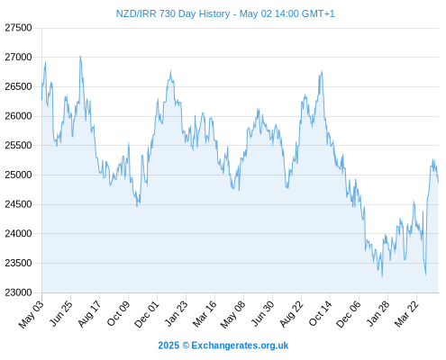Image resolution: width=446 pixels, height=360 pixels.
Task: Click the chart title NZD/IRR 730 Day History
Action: click(x=173, y=13)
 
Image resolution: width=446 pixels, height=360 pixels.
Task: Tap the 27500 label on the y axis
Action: click(x=18, y=28)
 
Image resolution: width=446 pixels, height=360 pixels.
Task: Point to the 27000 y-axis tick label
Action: click(x=18, y=57)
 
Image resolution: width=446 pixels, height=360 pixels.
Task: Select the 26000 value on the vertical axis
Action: click(x=18, y=116)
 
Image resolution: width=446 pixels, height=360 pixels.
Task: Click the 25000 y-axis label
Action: click(x=18, y=175)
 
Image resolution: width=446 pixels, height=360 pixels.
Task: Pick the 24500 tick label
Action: click(x=18, y=204)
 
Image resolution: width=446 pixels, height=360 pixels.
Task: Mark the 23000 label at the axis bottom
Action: click(x=18, y=292)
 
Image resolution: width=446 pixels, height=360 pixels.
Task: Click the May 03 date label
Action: click(x=31, y=314)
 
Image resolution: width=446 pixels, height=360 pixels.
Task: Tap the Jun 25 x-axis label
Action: click(x=61, y=313)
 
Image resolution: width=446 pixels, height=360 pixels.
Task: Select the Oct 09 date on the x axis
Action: click(x=118, y=313)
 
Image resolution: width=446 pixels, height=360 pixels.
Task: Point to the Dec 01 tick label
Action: click(x=147, y=314)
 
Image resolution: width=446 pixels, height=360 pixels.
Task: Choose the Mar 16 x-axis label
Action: click(x=205, y=314)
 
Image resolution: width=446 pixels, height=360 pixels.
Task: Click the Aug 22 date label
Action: click(x=291, y=314)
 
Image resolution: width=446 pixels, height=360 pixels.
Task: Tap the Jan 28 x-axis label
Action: click(x=378, y=313)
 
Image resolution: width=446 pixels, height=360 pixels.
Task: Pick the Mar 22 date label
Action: click(x=406, y=314)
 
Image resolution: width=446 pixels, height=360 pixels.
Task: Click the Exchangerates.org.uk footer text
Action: click(x=240, y=346)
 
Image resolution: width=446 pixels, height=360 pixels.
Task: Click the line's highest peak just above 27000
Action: click(x=80, y=56)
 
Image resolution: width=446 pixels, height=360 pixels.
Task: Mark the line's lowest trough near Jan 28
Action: click(x=382, y=276)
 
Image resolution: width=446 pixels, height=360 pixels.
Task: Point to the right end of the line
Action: click(x=438, y=182)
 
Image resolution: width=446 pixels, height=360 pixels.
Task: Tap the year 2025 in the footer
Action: click(x=168, y=346)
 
